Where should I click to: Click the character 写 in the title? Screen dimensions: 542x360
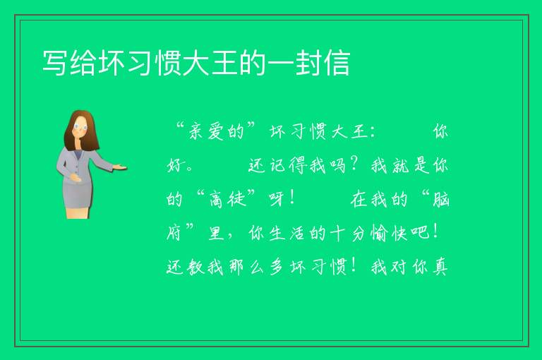click(55, 63)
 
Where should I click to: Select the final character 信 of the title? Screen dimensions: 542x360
click(337, 63)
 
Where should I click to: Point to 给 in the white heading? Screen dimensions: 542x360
click(83, 63)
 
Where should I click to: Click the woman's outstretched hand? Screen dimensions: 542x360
click(119, 168)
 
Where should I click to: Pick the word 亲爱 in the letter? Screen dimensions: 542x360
click(207, 132)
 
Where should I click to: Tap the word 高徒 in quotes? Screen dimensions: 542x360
click(228, 200)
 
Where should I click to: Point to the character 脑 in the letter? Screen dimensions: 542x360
click(440, 200)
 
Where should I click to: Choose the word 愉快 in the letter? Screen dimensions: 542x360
click(389, 233)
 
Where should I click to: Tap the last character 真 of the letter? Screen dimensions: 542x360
click(440, 267)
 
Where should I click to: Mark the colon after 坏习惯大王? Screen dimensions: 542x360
click(373, 133)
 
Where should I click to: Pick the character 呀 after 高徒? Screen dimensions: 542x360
click(276, 200)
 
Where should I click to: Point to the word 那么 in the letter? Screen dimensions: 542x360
click(246, 267)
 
